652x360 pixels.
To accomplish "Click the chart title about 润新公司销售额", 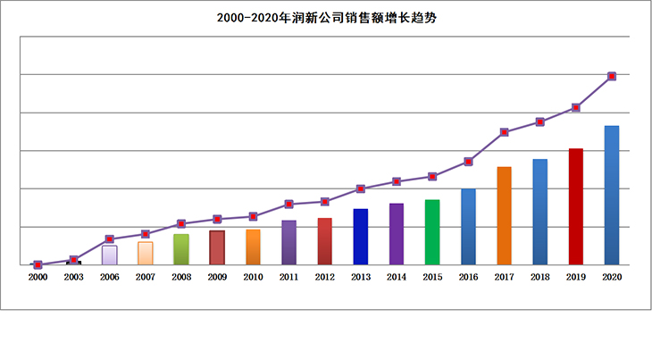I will [x=325, y=18].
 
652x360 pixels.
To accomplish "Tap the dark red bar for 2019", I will [x=576, y=206].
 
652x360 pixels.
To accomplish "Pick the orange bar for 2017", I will [x=505, y=215].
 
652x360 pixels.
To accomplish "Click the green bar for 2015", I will [x=432, y=232].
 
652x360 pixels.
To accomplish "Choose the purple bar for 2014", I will [x=397, y=234].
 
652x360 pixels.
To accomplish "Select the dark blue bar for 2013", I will [x=361, y=237].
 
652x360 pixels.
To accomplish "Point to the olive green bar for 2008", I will [x=181, y=249].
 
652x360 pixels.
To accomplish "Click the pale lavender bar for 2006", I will [x=109, y=255].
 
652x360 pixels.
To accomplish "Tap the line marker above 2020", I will [x=612, y=76].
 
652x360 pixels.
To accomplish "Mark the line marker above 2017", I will [x=505, y=132].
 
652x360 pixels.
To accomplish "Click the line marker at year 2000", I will [x=38, y=264].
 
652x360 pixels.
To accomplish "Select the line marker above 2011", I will [x=288, y=204].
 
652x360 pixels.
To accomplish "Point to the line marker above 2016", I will [x=468, y=162].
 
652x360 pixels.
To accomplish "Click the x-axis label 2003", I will [x=73, y=278].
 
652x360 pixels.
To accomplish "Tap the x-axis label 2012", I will [x=324, y=278].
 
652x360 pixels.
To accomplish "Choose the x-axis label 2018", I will [x=540, y=278].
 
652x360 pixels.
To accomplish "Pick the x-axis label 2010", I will [x=253, y=278].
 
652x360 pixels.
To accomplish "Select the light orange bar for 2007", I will [x=145, y=253].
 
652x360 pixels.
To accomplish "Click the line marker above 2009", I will [x=217, y=219].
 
